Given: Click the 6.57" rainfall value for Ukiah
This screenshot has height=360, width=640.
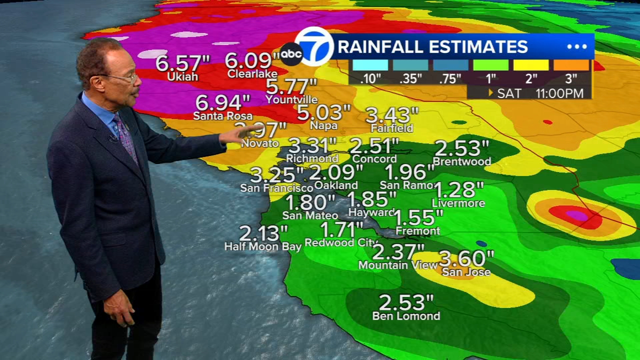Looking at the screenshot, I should click(182, 63).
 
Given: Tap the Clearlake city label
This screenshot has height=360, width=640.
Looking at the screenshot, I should click(252, 74).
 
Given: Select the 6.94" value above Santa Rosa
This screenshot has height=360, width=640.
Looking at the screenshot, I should click(222, 102).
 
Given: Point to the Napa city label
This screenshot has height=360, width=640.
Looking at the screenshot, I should click(324, 126).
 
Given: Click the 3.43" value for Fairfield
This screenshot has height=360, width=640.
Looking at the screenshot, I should click(392, 115).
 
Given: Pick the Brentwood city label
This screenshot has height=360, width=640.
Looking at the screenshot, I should click(461, 161).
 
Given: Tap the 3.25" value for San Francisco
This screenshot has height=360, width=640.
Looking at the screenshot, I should click(277, 175).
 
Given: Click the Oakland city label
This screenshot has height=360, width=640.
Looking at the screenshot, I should click(336, 185).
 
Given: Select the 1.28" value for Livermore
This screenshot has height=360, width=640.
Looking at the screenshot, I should click(458, 190).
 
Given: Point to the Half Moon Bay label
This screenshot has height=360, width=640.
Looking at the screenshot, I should click(263, 246).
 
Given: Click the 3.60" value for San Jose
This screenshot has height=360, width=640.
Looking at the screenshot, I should click(466, 258).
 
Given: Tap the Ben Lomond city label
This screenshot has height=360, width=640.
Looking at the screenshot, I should click(406, 316).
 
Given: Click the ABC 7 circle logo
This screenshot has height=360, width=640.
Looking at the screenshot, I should click(313, 46).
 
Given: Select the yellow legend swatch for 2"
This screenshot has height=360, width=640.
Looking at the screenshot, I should click(531, 65).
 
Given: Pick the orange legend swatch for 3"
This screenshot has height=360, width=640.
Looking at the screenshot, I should click(571, 65).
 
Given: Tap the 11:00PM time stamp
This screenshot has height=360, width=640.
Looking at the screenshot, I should click(559, 93).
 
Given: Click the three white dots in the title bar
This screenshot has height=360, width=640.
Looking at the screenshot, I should click(576, 47).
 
